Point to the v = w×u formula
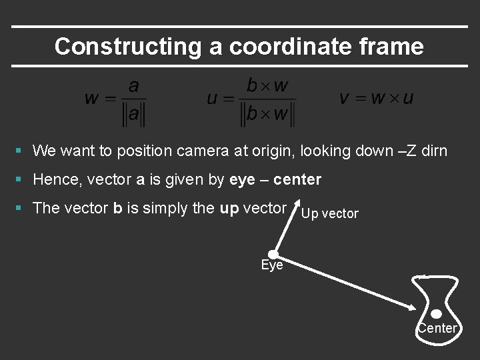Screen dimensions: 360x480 coord(376,99)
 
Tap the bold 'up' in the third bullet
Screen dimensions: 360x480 coord(229,208)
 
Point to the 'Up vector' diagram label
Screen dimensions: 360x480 coord(329,214)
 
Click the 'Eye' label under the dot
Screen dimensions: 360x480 coord(272,265)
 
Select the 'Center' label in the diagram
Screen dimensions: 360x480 coord(437,328)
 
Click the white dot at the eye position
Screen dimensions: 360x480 coord(273,254)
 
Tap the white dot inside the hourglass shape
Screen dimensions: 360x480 coord(436,314)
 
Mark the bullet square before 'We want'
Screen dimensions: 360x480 coord(21,151)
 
